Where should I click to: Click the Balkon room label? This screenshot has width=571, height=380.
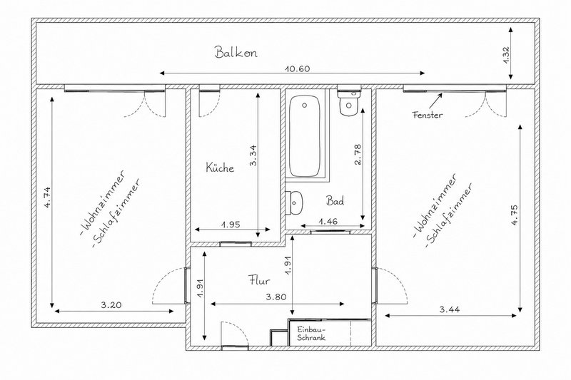pyautogui.click(x=236, y=52)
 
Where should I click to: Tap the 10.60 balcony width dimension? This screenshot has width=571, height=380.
pyautogui.click(x=298, y=68)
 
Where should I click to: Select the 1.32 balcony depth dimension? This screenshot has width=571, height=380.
pyautogui.click(x=506, y=55)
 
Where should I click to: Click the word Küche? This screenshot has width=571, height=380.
pyautogui.click(x=220, y=168)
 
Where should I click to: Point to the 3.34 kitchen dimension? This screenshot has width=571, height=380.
pyautogui.click(x=253, y=155)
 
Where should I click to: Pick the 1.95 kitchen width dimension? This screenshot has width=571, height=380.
pyautogui.click(x=231, y=225)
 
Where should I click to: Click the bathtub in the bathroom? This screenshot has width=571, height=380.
pyautogui.click(x=305, y=135)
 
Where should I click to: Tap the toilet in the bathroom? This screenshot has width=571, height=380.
pyautogui.click(x=348, y=103)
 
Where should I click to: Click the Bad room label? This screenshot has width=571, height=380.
pyautogui.click(x=335, y=201)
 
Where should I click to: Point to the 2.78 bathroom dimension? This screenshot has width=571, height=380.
pyautogui.click(x=358, y=155)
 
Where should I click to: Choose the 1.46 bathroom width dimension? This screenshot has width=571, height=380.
pyautogui.click(x=328, y=221)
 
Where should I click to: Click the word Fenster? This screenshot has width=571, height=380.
pyautogui.click(x=428, y=115)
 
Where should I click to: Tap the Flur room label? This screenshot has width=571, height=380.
pyautogui.click(x=259, y=280)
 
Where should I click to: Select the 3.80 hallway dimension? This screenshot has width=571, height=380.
pyautogui.click(x=276, y=297)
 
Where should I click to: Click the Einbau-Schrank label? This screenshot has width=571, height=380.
pyautogui.click(x=311, y=334)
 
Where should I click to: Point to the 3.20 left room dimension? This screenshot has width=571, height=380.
pyautogui.click(x=111, y=305)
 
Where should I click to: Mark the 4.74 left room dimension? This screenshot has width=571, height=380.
pyautogui.click(x=47, y=197)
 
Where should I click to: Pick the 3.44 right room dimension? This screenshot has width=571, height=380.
pyautogui.click(x=450, y=309)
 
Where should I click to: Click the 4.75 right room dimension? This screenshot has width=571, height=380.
pyautogui.click(x=515, y=215)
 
